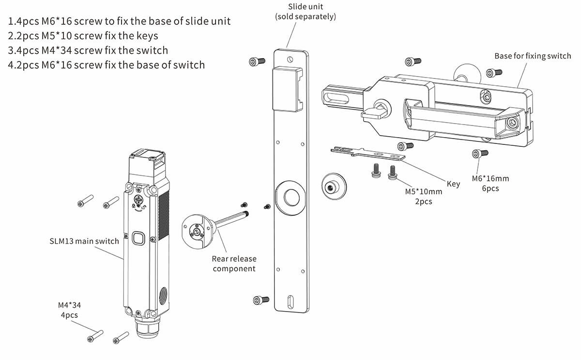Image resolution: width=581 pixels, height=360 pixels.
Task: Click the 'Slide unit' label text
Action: click(x=305, y=7)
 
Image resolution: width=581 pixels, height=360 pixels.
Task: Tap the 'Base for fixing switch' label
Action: click(x=533, y=56)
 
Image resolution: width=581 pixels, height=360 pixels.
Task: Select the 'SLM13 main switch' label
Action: click(x=84, y=241)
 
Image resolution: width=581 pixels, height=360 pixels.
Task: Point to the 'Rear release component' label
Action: click(x=234, y=264)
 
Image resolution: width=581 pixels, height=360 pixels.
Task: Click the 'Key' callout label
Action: click(x=453, y=184)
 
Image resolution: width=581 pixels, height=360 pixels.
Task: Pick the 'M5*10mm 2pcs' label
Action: click(x=423, y=196)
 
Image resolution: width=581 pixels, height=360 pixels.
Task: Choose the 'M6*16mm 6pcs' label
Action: click(x=490, y=183)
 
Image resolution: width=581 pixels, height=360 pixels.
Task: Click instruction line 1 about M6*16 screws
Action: click(x=120, y=21)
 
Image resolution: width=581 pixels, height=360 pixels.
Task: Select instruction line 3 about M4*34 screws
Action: click(x=88, y=50)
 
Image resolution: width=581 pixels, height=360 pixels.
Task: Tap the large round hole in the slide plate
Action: click(x=291, y=197)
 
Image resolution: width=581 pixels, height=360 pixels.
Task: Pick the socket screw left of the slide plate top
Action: click(x=257, y=62)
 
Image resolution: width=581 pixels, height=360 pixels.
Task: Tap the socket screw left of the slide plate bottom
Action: click(x=258, y=300)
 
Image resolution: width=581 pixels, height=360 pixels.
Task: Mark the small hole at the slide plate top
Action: click(x=290, y=60)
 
